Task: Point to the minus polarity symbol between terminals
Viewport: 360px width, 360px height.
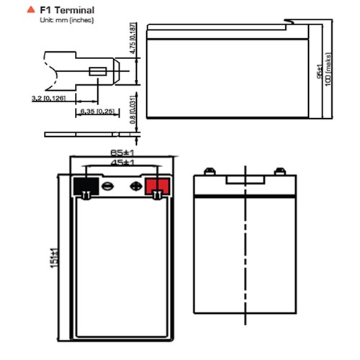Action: (109, 185)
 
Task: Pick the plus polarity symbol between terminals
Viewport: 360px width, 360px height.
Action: (133, 185)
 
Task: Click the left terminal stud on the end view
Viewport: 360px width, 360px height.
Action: (208, 171)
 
